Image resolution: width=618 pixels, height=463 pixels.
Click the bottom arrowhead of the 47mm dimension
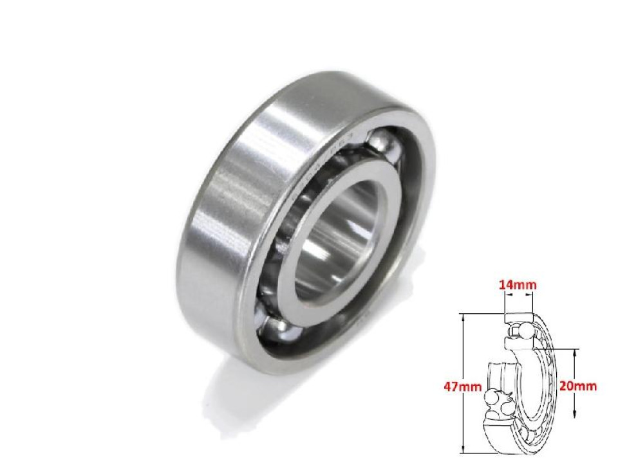point(464,451)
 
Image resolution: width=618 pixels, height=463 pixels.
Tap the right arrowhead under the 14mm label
point(531,296)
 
